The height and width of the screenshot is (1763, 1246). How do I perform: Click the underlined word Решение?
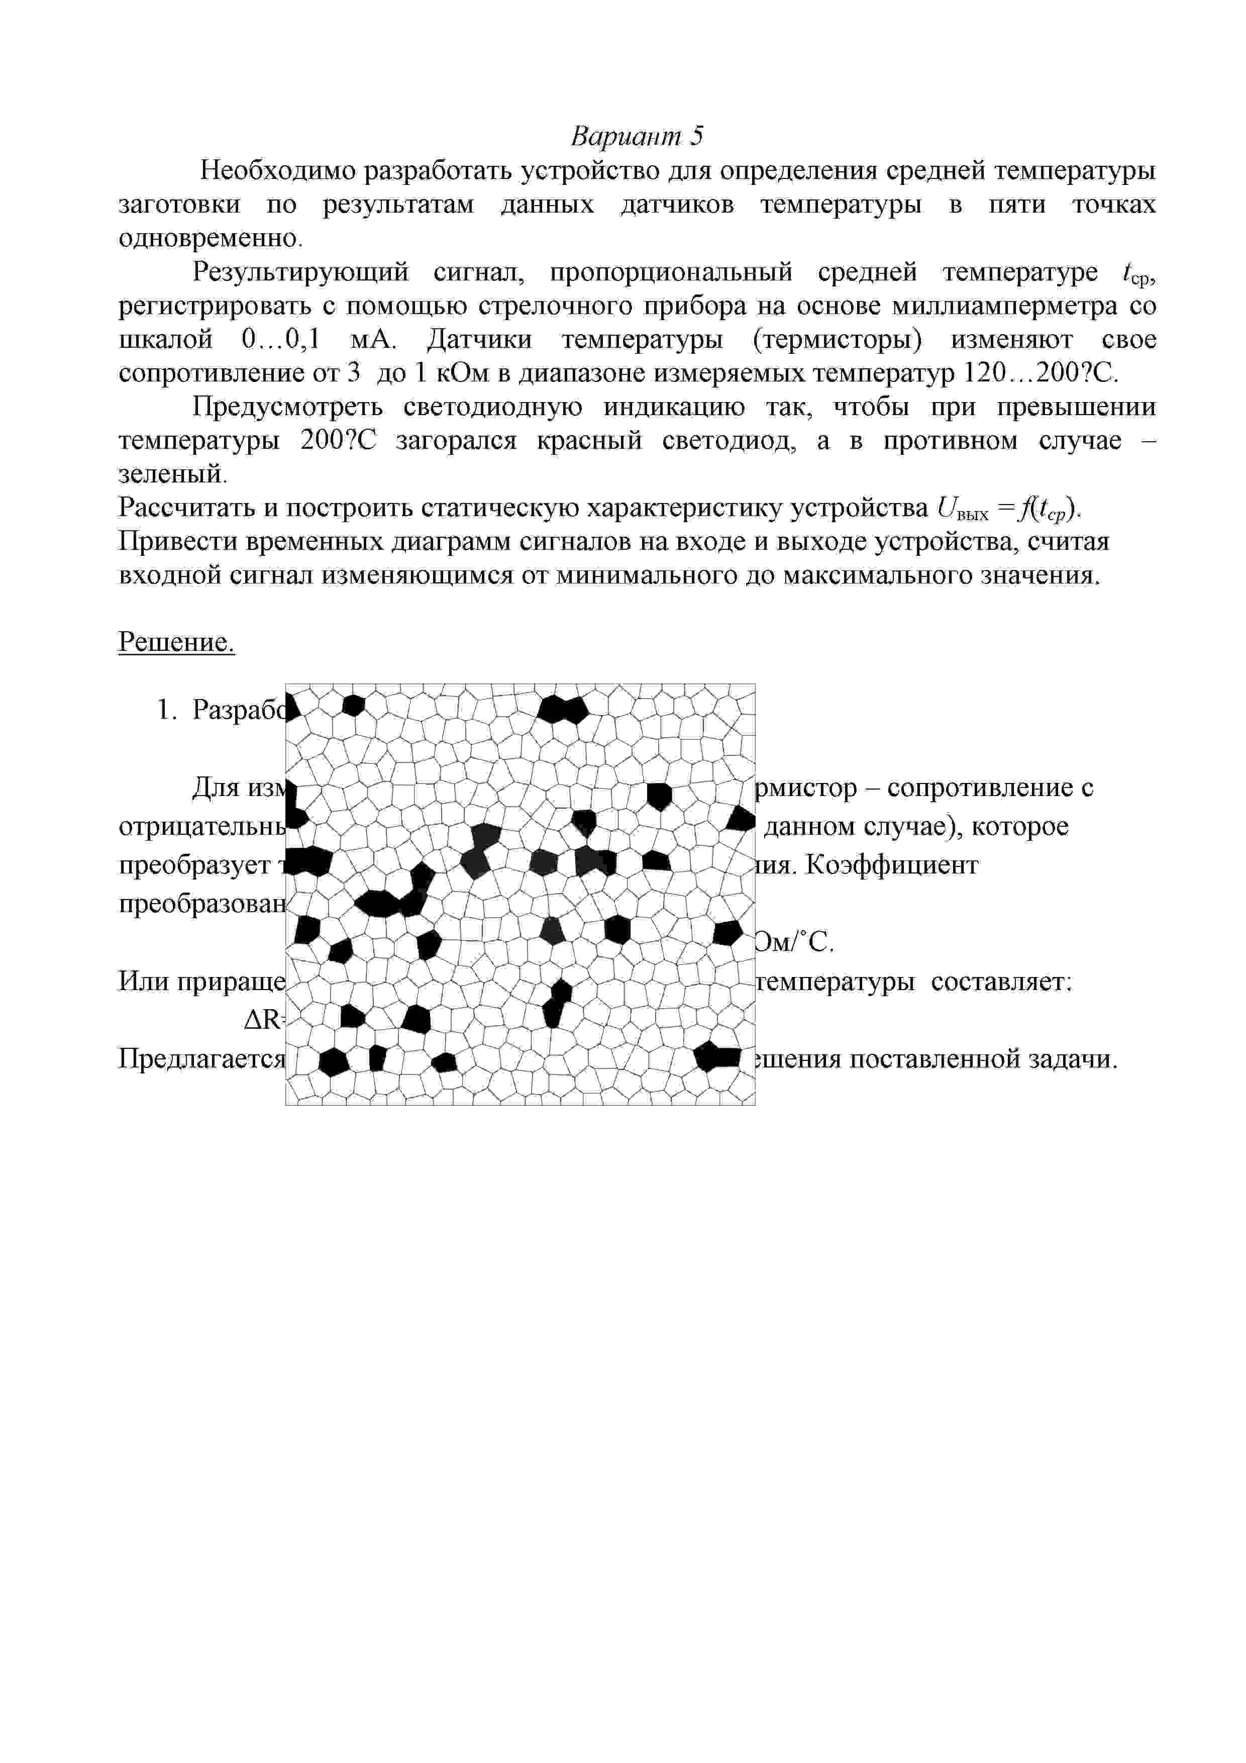click(x=176, y=642)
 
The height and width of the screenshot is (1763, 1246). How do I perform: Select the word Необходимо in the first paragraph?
click(x=277, y=170)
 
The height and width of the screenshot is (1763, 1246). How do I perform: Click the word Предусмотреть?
click(x=287, y=407)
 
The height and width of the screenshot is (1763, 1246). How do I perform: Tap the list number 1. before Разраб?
click(x=167, y=710)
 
